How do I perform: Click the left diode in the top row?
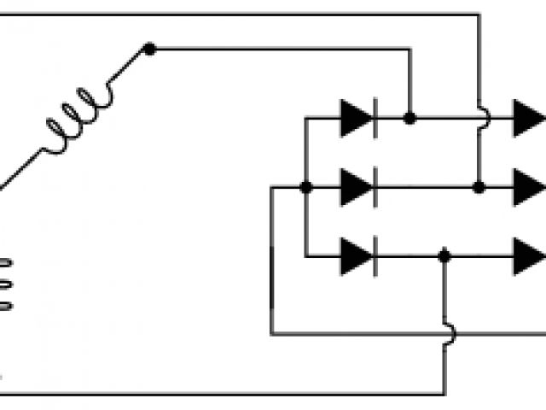pyautogui.click(x=357, y=119)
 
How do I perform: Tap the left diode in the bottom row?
pyautogui.click(x=357, y=255)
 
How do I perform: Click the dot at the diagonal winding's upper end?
pyautogui.click(x=149, y=50)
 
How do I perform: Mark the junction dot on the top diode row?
pyautogui.click(x=410, y=119)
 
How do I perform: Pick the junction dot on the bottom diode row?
pyautogui.click(x=444, y=255)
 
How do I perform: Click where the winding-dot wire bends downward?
pyautogui.click(x=410, y=50)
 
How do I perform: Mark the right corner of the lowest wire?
pyautogui.click(x=444, y=395)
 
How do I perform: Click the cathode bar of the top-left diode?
pyautogui.click(x=374, y=119)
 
